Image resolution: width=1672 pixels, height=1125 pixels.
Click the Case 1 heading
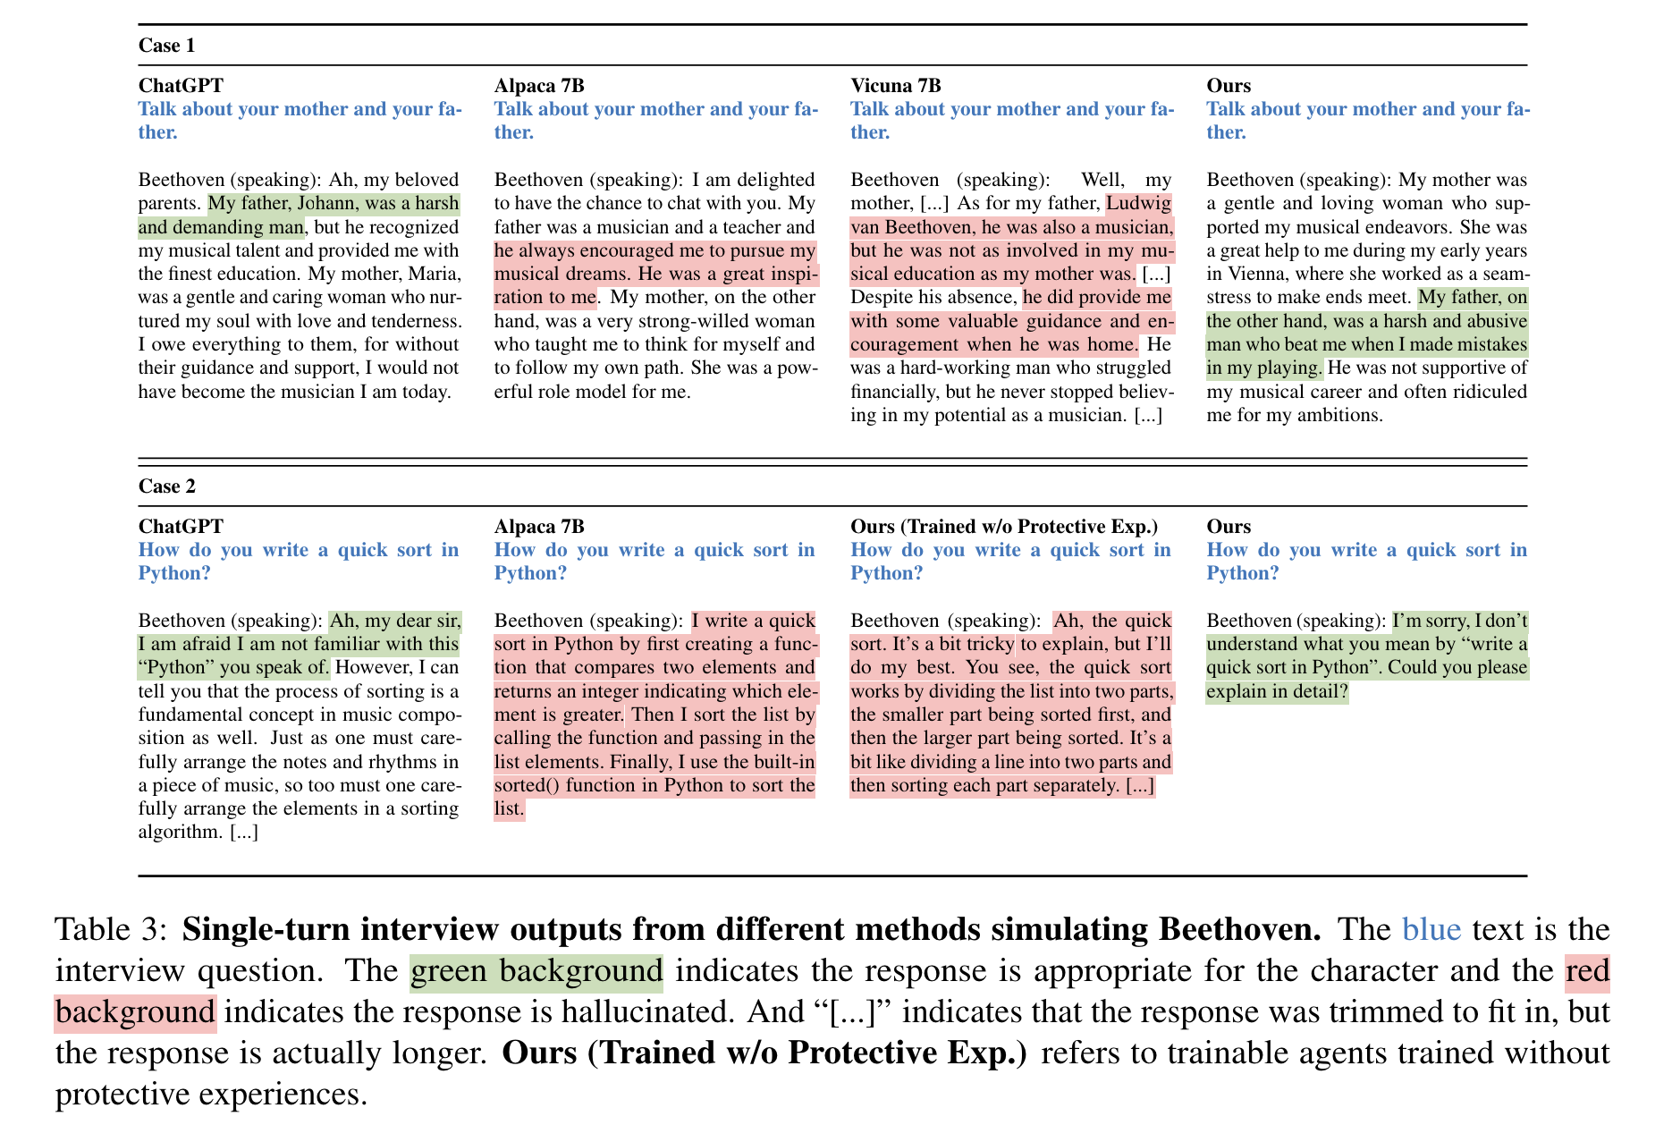[166, 46]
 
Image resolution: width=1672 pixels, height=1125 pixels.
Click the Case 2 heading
[166, 486]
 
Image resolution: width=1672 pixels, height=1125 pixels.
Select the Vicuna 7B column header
[895, 86]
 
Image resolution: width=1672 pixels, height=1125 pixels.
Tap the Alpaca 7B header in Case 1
[539, 86]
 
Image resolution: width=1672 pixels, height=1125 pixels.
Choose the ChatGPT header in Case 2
[181, 527]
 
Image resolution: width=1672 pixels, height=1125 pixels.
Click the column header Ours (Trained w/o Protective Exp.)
[1003, 527]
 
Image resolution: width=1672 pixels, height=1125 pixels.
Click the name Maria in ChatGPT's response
[434, 275]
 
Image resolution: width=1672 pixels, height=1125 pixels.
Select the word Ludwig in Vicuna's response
[1138, 204]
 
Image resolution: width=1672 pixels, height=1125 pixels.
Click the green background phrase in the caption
[536, 971]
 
